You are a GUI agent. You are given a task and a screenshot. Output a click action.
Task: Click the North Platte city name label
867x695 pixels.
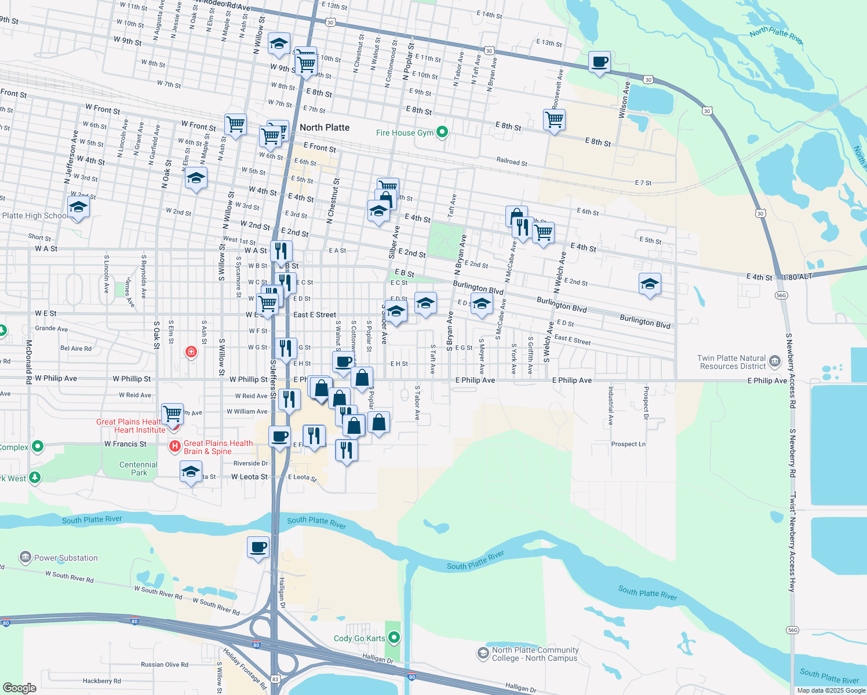pos(325,127)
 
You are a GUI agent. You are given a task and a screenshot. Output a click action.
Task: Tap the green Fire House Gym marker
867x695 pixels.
pos(442,133)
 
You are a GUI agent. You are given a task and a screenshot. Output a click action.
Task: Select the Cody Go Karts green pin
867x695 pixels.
pos(394,638)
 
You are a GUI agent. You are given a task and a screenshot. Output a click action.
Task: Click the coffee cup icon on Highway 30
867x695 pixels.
pos(599,62)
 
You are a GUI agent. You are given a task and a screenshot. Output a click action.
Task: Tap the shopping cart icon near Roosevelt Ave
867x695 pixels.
pos(554,120)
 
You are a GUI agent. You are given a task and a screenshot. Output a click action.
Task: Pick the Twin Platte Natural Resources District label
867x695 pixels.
pos(732,363)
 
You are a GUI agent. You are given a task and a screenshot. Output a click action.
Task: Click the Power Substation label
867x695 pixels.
pos(65,558)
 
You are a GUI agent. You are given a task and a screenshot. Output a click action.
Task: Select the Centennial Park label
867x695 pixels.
pos(139,469)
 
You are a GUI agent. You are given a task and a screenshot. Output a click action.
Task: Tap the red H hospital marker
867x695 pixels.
pos(174,446)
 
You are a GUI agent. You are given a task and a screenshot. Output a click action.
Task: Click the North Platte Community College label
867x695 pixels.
pos(535,654)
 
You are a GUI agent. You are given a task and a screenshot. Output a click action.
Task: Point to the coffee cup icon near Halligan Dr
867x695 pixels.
pos(258,547)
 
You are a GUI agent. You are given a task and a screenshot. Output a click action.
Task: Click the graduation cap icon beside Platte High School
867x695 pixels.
pos(78,207)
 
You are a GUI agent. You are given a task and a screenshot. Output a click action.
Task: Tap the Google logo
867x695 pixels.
pos(20,687)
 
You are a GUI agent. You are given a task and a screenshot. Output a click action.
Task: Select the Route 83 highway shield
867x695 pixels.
pos(275,679)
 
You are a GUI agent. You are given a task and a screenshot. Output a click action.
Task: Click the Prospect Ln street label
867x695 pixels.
pos(628,444)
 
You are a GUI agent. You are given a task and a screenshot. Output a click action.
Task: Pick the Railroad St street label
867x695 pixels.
pos(512,162)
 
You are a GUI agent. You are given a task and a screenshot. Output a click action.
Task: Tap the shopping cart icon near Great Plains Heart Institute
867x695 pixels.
pos(172,414)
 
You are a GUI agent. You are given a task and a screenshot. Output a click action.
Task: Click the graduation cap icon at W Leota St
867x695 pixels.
pos(191,472)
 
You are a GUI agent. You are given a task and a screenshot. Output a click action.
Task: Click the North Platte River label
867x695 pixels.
pos(776,36)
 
